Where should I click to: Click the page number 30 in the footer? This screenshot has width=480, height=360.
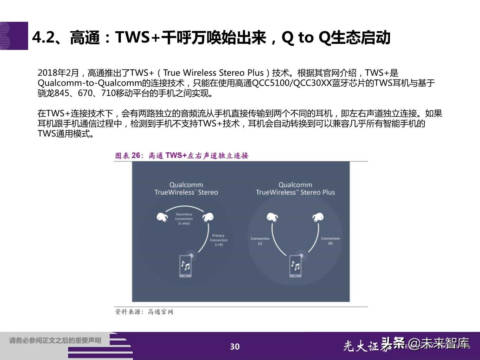pyautogui.click(x=235, y=347)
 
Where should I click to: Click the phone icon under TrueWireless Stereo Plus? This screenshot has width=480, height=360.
pyautogui.click(x=295, y=266)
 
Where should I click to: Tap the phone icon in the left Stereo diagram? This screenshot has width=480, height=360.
pyautogui.click(x=185, y=266)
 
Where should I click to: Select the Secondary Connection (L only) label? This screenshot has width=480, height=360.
pyautogui.click(x=184, y=219)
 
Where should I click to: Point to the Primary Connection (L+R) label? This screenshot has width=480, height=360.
pyautogui.click(x=218, y=240)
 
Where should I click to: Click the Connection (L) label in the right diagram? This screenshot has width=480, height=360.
pyautogui.click(x=260, y=240)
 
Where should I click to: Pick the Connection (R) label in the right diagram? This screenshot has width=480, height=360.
pyautogui.click(x=330, y=240)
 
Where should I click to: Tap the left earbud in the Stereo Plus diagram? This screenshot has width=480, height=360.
pyautogui.click(x=272, y=217)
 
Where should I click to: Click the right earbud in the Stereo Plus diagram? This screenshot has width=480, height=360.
pyautogui.click(x=318, y=217)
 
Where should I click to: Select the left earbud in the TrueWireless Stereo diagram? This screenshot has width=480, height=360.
pyautogui.click(x=162, y=217)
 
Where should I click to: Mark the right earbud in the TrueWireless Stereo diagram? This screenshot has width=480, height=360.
pyautogui.click(x=208, y=217)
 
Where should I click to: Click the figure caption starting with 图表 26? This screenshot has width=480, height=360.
pyautogui.click(x=181, y=155)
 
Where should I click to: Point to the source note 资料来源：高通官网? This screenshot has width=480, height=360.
pyautogui.click(x=144, y=311)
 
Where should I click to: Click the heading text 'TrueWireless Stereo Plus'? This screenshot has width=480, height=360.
pyautogui.click(x=295, y=192)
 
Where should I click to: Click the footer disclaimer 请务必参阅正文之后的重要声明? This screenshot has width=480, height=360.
pyautogui.click(x=55, y=340)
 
